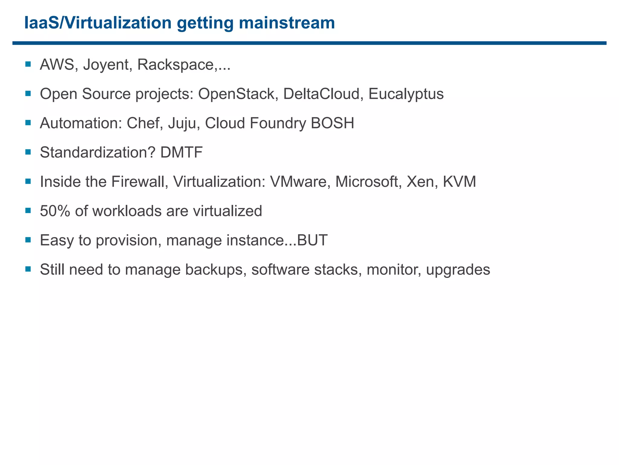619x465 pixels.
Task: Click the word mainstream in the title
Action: (x=287, y=23)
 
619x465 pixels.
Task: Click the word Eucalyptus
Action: (x=406, y=94)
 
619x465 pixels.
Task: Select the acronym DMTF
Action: (x=181, y=152)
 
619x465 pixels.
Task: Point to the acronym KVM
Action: (x=459, y=182)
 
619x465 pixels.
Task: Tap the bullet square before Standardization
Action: (x=28, y=152)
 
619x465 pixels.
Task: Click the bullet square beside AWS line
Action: (x=28, y=64)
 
